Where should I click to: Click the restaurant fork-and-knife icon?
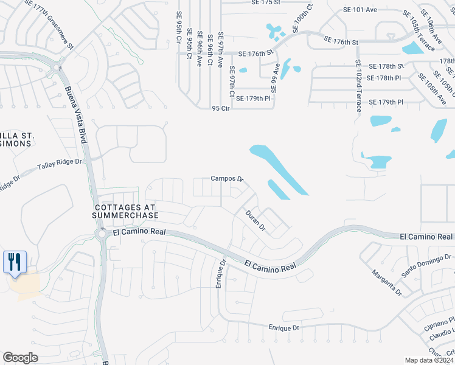tap(13, 262)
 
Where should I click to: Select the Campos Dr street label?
tap(227, 179)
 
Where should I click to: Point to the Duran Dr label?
tap(255, 221)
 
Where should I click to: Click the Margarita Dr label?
tap(387, 282)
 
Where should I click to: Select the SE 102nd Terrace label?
tap(359, 85)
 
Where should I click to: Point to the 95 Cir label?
tap(220, 108)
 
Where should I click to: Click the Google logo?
tap(20, 358)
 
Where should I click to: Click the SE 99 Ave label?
tap(275, 77)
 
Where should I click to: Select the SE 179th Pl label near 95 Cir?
tap(253, 99)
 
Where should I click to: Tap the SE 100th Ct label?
tap(302, 18)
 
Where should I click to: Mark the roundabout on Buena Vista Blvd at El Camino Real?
tap(100, 234)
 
